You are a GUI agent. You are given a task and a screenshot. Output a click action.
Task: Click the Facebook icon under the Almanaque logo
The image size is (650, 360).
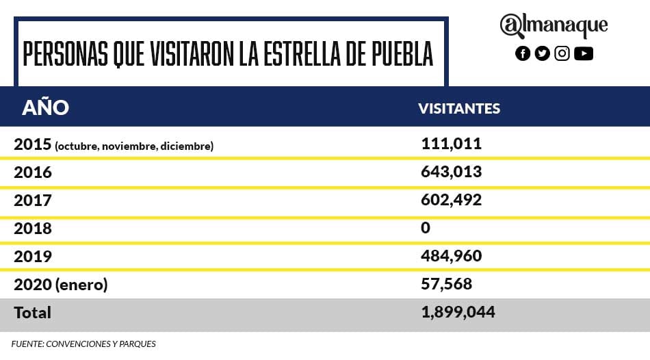point(523,53)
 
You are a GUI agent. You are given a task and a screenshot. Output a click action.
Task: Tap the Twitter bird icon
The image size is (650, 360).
point(543,53)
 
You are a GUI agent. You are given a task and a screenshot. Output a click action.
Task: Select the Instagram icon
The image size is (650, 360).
point(562,53)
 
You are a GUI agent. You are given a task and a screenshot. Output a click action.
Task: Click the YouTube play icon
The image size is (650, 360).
point(584,53)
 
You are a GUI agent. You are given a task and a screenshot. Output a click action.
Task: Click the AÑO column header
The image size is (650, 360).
point(45,107)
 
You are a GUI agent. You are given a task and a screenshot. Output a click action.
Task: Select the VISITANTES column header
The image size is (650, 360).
point(459,109)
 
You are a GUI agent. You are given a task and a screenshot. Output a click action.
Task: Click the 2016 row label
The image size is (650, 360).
point(33,172)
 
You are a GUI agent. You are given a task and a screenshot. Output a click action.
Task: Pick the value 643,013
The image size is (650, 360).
point(451,172)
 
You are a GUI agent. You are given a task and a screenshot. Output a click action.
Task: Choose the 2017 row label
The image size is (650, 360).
point(33,201)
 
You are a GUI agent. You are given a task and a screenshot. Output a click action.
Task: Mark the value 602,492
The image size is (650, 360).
point(451,200)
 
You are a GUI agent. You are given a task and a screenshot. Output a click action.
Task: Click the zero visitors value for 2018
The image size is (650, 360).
point(426,228)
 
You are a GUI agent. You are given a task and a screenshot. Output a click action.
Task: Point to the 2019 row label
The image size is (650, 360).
point(33,256)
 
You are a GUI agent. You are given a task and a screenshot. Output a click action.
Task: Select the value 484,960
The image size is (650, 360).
point(451,256)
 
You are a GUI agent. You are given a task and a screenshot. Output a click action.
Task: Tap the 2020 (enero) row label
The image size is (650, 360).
point(61,285)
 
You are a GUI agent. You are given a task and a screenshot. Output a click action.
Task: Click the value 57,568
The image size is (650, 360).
point(446,284)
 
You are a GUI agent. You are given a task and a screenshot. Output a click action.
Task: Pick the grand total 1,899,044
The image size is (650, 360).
point(458,312)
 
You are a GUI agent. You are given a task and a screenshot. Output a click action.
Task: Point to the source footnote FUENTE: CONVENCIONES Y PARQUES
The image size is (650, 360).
point(83,344)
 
